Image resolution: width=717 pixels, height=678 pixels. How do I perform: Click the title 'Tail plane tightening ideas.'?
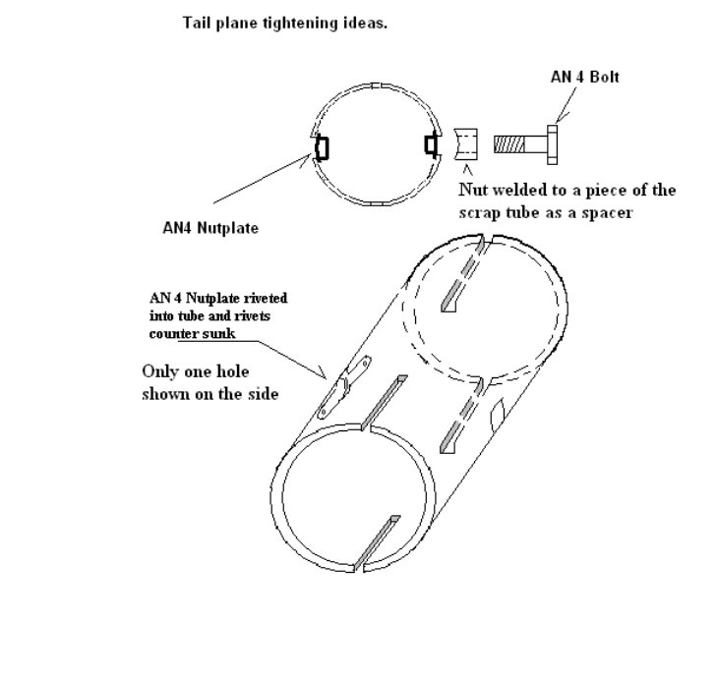[x=285, y=23]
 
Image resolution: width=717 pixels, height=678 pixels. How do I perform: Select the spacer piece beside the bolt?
[x=468, y=143]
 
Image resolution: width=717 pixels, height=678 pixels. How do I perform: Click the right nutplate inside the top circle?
[x=430, y=144]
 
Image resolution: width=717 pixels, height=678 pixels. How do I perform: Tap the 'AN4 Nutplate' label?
[x=210, y=228]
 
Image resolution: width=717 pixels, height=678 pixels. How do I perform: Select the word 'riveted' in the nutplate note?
[x=257, y=298]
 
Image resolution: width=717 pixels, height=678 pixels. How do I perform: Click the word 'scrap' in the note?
[x=478, y=211]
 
